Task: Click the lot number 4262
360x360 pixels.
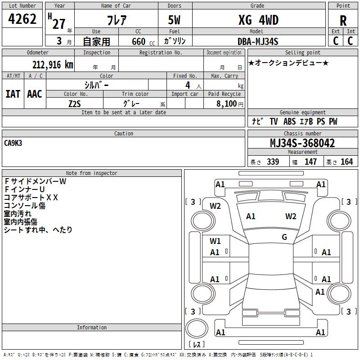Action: tap(22, 19)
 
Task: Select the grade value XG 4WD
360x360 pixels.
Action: tap(258, 20)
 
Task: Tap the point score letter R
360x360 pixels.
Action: tap(343, 21)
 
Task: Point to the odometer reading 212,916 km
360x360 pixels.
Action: tap(53, 65)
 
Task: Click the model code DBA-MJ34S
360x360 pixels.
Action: tap(258, 41)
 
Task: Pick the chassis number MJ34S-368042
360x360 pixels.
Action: tap(302, 143)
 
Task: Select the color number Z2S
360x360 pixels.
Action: tap(75, 104)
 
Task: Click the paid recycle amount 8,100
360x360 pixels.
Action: tap(226, 103)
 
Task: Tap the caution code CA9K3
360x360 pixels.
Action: tap(13, 143)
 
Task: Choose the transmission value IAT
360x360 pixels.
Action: tap(13, 94)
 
